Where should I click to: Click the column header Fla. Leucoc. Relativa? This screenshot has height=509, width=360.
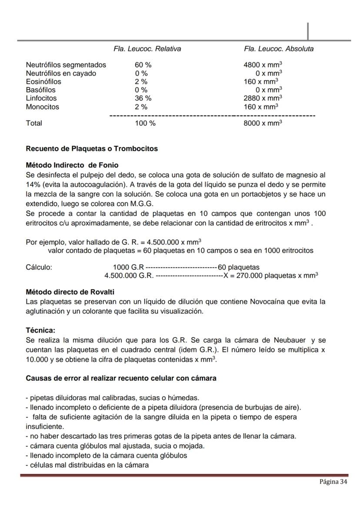point(147,49)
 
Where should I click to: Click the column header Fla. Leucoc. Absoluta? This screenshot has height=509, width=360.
point(278,49)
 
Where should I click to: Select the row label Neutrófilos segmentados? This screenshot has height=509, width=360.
point(66,65)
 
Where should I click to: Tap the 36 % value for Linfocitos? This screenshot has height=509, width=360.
point(143,98)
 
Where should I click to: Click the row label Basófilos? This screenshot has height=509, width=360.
point(40,90)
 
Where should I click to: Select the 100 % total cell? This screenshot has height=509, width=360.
point(145,123)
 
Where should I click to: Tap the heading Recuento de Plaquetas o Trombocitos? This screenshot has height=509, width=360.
point(92,149)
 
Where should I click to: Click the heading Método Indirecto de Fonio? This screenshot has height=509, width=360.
point(72,165)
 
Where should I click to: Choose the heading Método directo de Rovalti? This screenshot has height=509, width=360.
point(70,291)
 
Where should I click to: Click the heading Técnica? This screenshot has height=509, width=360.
point(41,331)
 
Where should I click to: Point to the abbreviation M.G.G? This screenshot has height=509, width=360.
point(142,204)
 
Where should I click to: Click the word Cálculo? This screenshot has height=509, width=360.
point(39,267)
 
